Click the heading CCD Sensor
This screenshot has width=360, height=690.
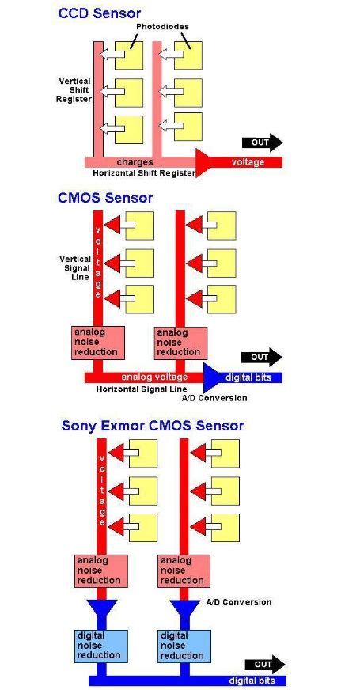click(x=100, y=13)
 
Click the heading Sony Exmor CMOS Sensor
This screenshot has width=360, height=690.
click(x=153, y=426)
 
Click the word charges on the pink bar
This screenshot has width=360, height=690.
click(x=135, y=162)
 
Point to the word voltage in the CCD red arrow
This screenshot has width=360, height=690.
click(x=248, y=162)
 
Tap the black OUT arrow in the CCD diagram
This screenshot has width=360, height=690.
click(x=261, y=143)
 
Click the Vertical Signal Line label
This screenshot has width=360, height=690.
click(x=75, y=268)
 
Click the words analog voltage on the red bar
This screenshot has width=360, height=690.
click(x=154, y=377)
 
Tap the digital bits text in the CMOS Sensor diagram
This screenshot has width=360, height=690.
click(x=249, y=377)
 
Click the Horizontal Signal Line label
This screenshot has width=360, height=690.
click(x=141, y=389)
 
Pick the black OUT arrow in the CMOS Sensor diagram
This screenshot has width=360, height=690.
click(x=261, y=357)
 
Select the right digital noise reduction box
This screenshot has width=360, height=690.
click(x=183, y=645)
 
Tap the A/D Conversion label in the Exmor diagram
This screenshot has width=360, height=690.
click(x=238, y=602)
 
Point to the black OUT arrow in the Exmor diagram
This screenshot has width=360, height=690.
click(x=263, y=665)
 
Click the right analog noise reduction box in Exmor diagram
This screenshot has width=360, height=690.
click(x=183, y=571)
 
